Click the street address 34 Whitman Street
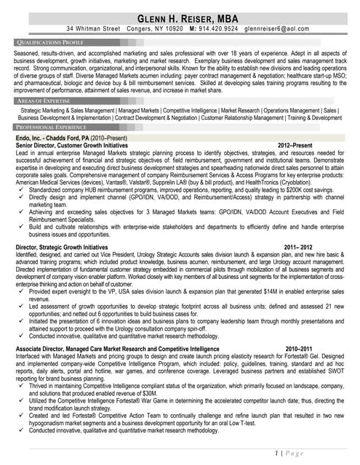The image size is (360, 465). pos(93,29)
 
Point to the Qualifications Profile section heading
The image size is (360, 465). pos(49,43)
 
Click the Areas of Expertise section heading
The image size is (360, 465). pos(44,100)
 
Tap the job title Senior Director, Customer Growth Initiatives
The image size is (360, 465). pos(71,145)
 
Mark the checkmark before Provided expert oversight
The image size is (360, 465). pos(23,291)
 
